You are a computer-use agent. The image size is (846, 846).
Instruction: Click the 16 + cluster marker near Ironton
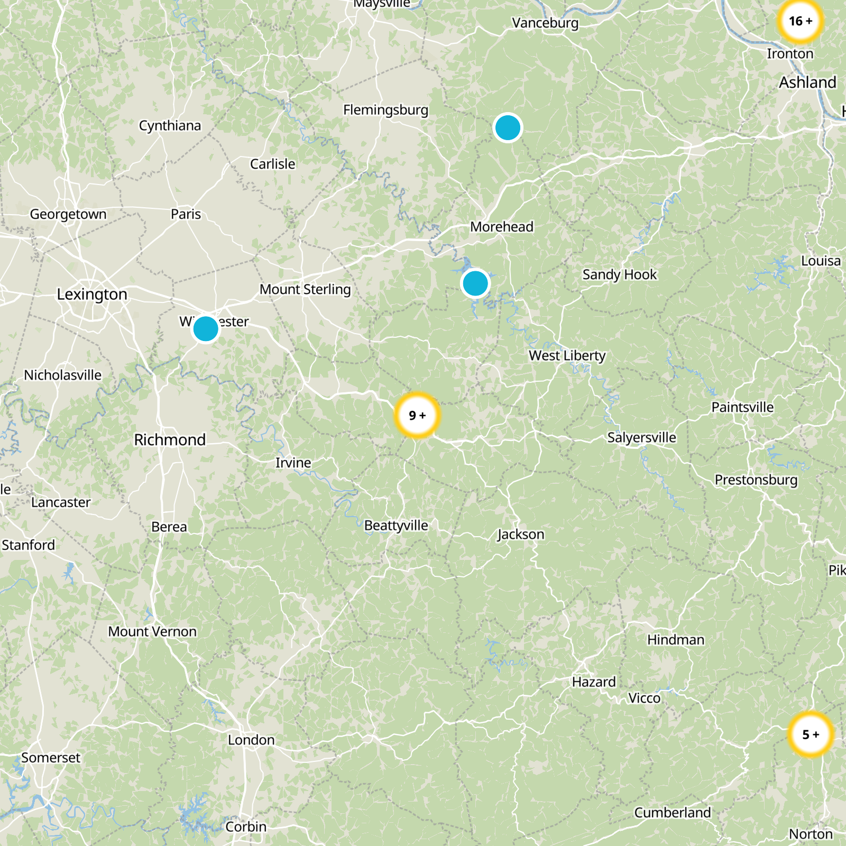tap(801, 21)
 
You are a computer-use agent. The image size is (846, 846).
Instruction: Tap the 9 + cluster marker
tap(417, 415)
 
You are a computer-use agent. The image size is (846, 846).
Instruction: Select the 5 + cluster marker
tap(810, 734)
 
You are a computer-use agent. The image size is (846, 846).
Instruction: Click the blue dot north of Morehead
tap(508, 128)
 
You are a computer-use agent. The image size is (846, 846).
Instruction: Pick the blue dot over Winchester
tap(206, 329)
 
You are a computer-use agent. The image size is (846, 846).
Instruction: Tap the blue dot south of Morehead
tap(475, 283)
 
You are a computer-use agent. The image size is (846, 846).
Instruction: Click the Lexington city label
tap(92, 294)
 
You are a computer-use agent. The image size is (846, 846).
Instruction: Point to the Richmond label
tap(170, 440)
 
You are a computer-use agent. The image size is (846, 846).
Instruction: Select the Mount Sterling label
tap(305, 290)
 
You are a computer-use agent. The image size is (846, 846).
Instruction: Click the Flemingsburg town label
tap(385, 110)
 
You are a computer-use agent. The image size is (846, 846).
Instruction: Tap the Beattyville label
tap(396, 526)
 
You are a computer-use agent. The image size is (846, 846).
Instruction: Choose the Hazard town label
tap(594, 682)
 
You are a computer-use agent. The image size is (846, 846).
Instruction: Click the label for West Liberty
tap(567, 356)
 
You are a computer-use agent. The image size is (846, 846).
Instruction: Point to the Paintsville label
tap(742, 407)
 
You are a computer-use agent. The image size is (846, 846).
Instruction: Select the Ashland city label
tap(807, 82)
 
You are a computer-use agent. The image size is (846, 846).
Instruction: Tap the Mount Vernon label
tap(152, 632)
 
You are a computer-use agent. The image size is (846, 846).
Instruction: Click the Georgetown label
tap(68, 214)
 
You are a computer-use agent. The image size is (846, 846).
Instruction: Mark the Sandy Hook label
tap(619, 275)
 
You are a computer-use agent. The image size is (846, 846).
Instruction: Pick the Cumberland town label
tap(673, 813)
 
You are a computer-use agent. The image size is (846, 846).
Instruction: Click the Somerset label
tap(51, 758)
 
